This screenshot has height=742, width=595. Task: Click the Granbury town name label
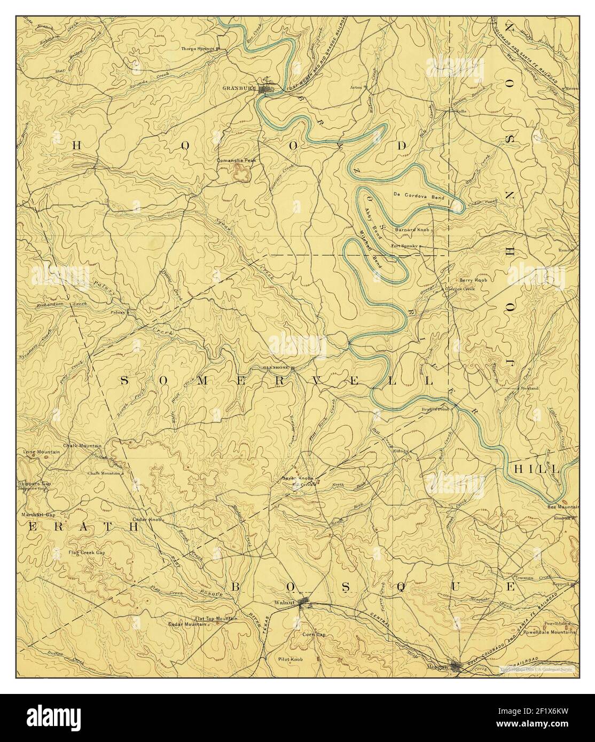(240, 88)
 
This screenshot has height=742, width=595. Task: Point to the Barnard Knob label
(413, 230)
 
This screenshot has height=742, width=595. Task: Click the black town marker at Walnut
(304, 604)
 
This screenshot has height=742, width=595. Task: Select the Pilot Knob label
(291, 660)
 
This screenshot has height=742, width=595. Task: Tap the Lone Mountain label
(42, 452)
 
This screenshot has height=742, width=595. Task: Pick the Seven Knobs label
(298, 478)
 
